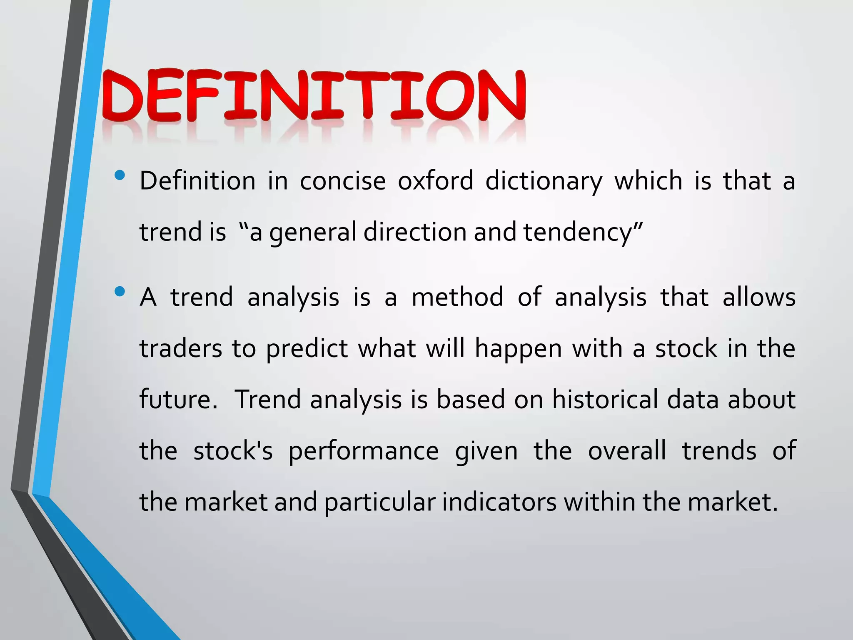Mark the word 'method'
point(457,297)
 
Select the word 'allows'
point(759,297)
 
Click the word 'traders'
point(181,349)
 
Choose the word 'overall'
point(627,451)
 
